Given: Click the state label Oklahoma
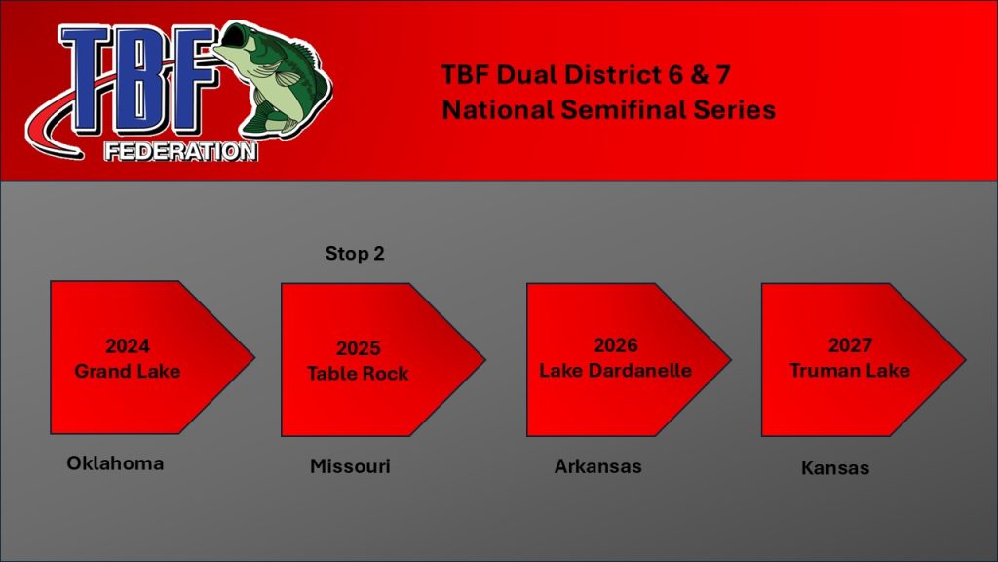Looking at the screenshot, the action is click(115, 463).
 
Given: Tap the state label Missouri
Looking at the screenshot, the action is click(350, 466).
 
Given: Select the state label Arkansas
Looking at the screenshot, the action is click(597, 466).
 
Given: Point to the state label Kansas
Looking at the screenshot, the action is click(835, 467).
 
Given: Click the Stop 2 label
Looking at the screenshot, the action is click(355, 254).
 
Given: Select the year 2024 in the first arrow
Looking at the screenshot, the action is click(128, 346).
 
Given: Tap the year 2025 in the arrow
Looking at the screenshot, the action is click(359, 348).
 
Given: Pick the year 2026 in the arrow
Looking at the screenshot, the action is click(616, 345).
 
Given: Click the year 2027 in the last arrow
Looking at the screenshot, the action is click(850, 345).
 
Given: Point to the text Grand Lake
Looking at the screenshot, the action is click(128, 371).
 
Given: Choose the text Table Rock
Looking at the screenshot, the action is click(358, 374).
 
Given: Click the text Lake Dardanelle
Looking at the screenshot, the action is click(616, 370).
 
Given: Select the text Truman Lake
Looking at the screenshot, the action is click(850, 370).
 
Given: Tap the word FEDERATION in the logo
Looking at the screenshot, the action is click(181, 151).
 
